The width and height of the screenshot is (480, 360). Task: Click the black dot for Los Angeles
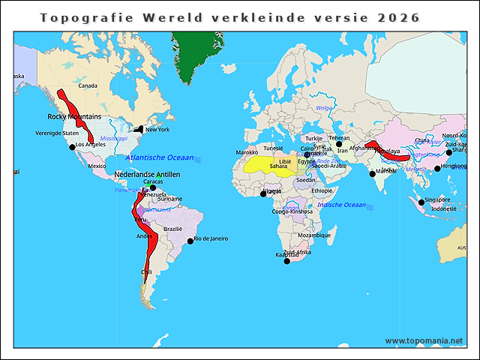[x=73, y=147]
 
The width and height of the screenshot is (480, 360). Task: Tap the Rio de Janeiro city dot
[x=190, y=241]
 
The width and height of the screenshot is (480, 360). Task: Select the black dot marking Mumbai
[x=373, y=174]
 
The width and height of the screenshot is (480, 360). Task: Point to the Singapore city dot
[x=421, y=201]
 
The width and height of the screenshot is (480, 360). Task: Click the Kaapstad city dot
[x=286, y=260]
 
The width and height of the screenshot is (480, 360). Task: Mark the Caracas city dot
[x=152, y=187]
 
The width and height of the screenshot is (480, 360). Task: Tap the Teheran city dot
[x=338, y=144]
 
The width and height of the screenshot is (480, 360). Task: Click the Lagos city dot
[x=263, y=193]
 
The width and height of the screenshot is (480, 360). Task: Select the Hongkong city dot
[x=437, y=169]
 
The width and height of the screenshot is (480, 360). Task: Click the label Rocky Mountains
[x=74, y=117]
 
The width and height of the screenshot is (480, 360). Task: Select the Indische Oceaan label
[x=341, y=205]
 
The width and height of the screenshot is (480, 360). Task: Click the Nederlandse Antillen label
[x=147, y=175]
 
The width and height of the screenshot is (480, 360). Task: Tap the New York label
[x=157, y=130]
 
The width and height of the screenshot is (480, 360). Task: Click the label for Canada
[x=88, y=86]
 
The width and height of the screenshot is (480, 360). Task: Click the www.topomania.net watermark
[x=424, y=340]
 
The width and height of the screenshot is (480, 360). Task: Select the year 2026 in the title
[x=399, y=17]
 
